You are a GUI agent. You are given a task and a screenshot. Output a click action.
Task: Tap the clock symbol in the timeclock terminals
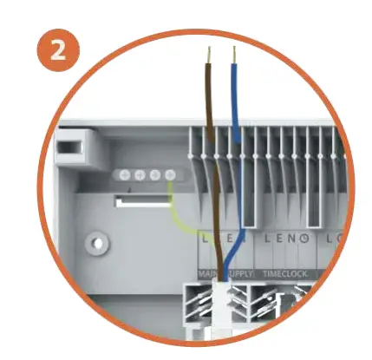click(x=304, y=237)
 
